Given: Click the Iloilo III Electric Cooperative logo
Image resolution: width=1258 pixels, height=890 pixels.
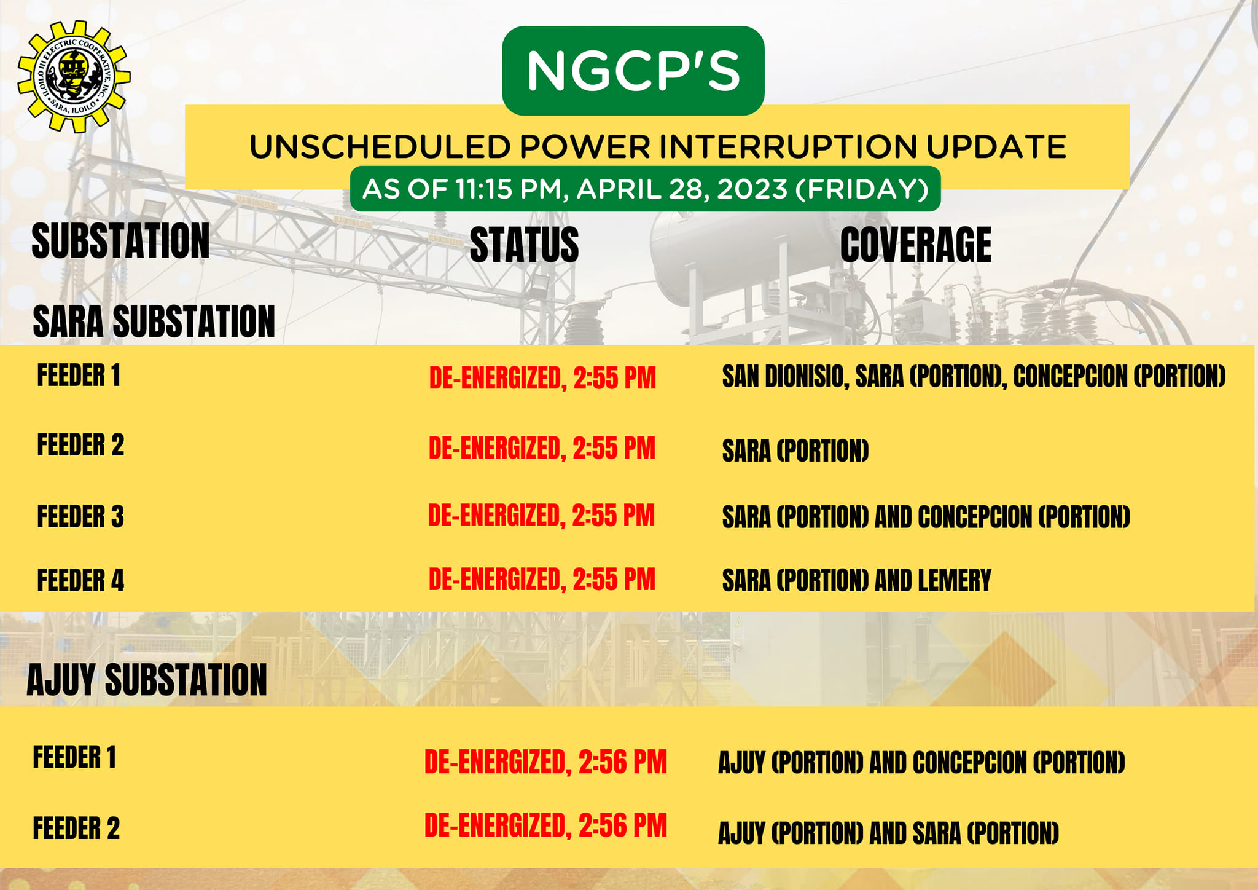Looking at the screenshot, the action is pyautogui.click(x=74, y=77).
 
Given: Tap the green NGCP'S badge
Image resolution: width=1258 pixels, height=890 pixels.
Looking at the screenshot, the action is pyautogui.click(x=633, y=71).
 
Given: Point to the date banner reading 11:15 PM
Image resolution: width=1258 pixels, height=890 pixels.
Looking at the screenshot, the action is pyautogui.click(x=645, y=189).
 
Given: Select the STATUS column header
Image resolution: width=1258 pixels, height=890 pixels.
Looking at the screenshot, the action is pyautogui.click(x=524, y=245).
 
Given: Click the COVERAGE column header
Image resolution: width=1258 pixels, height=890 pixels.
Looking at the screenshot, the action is pyautogui.click(x=916, y=245).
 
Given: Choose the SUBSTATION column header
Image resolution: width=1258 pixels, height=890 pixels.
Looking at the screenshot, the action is pyautogui.click(x=120, y=241).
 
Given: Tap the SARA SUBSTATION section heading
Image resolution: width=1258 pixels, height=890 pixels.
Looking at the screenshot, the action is pyautogui.click(x=154, y=321).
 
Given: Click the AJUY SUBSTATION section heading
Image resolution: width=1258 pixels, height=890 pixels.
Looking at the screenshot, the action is pyautogui.click(x=147, y=680).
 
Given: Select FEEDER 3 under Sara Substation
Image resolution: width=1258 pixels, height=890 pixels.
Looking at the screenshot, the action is pyautogui.click(x=80, y=516).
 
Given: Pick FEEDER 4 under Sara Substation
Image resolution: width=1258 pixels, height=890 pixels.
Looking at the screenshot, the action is pyautogui.click(x=80, y=580).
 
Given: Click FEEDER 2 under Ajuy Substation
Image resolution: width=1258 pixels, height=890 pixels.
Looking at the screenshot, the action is pyautogui.click(x=76, y=829).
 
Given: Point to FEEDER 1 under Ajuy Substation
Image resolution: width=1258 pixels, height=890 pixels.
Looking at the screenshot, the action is pyautogui.click(x=74, y=757).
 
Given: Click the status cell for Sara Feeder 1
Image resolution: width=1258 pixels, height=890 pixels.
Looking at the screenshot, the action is pyautogui.click(x=542, y=378).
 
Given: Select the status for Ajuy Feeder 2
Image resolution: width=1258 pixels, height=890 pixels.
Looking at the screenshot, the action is pyautogui.click(x=545, y=825).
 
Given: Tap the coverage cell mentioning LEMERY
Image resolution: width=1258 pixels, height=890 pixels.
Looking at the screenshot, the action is pyautogui.click(x=857, y=580).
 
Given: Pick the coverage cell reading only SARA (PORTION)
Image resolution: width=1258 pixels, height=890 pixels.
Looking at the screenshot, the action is pyautogui.click(x=795, y=451).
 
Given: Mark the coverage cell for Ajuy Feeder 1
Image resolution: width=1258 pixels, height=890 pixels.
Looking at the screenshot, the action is pyautogui.click(x=921, y=763).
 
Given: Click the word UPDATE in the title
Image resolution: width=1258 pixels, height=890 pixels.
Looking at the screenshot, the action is pyautogui.click(x=996, y=147).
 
